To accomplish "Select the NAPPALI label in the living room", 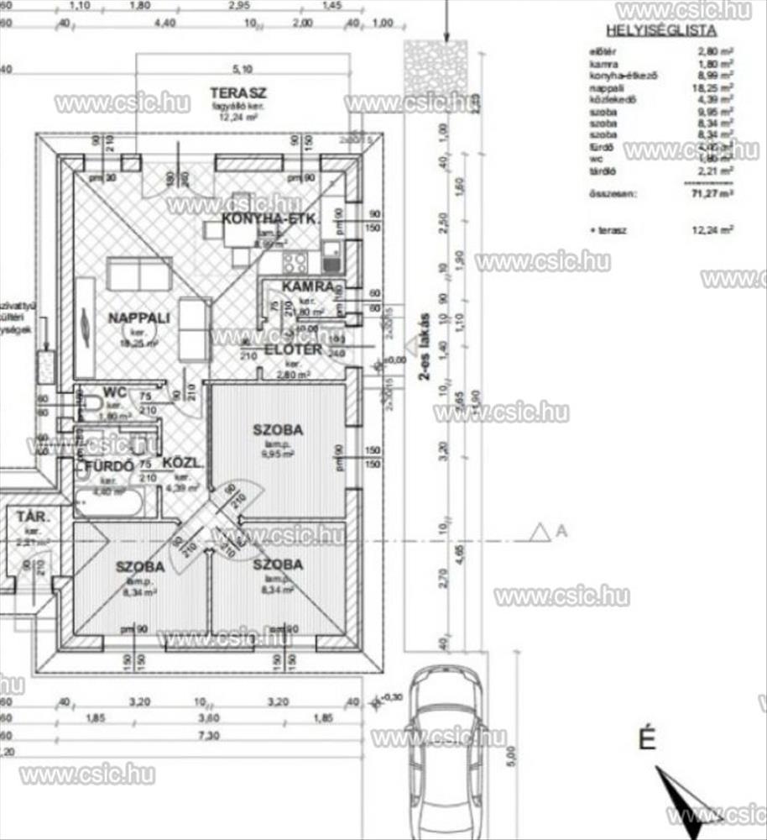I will click(x=139, y=318).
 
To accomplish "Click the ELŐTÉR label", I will click(x=294, y=349).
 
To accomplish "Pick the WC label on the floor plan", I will click(x=114, y=391).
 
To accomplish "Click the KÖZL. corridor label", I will click(x=180, y=462).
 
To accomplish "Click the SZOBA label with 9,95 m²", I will click(x=278, y=430).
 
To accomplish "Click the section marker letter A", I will click(x=561, y=530).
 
